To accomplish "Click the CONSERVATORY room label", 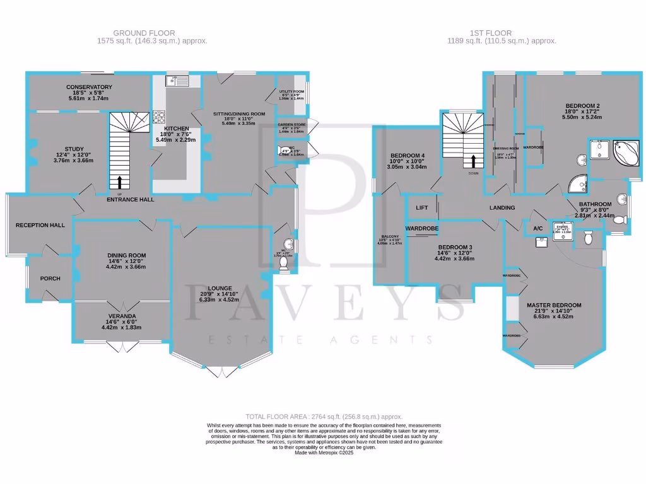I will [x=89, y=87].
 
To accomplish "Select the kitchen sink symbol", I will [x=177, y=81].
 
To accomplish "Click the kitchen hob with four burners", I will [x=158, y=117].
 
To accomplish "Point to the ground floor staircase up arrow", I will [x=120, y=182].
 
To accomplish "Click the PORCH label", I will [x=50, y=279].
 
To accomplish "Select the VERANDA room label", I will [x=122, y=316].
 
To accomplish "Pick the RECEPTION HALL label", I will [x=40, y=225].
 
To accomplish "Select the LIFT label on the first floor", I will [x=422, y=207].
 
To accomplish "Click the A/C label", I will [x=538, y=228].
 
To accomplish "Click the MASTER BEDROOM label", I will [x=554, y=306].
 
